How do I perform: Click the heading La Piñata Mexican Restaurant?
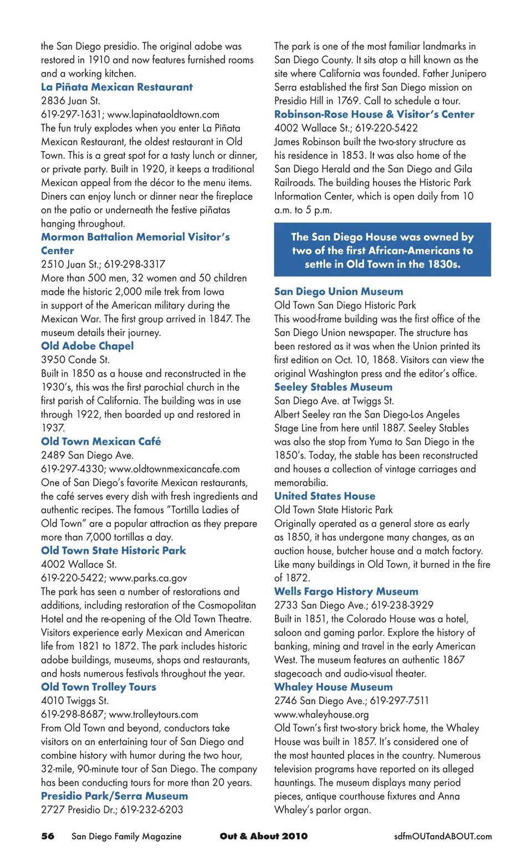[x=116, y=87]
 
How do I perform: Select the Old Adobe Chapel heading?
[x=87, y=346]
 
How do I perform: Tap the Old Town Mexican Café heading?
[x=101, y=441]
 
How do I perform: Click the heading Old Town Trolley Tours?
[x=99, y=687]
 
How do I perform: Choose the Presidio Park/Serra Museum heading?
[x=114, y=796]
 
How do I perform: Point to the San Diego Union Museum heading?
[x=339, y=292]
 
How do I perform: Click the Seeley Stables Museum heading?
[x=333, y=387]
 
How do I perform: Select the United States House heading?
[x=325, y=496]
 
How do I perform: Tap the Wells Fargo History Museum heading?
[x=346, y=591]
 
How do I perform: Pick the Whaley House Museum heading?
[x=333, y=687]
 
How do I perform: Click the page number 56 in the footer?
[x=48, y=836]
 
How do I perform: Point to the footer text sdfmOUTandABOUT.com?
[x=443, y=836]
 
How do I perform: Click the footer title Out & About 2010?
[x=263, y=836]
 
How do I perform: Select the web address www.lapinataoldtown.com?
[x=163, y=115]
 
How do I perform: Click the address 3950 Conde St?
[x=75, y=360]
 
